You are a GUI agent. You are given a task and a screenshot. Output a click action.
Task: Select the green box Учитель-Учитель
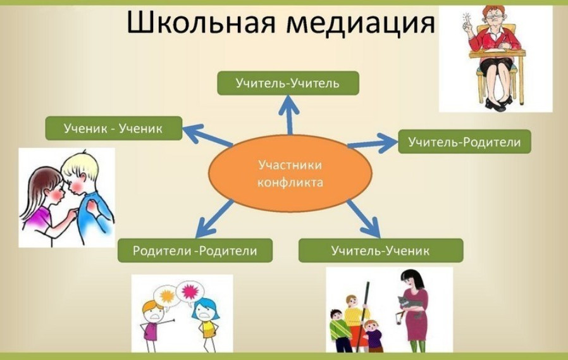point(288,84)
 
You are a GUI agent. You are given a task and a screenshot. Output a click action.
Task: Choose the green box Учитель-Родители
point(464,142)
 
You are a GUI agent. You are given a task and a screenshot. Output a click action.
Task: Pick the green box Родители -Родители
point(195,251)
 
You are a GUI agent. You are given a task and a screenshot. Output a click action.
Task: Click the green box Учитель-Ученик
point(380,251)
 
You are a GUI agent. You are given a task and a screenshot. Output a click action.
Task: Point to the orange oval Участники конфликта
point(290,173)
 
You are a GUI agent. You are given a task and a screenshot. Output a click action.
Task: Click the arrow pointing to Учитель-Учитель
point(289,114)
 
